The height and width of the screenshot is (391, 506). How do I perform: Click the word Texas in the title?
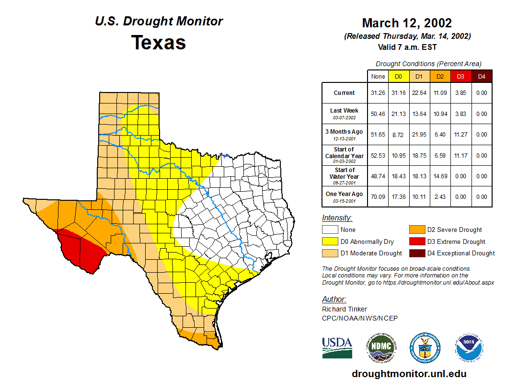click(x=159, y=43)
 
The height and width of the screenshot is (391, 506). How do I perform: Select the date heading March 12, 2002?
click(x=407, y=23)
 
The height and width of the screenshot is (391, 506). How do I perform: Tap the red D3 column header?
click(x=460, y=76)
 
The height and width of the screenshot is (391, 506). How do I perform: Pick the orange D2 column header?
click(x=440, y=76)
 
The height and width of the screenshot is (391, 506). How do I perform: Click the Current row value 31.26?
click(x=378, y=93)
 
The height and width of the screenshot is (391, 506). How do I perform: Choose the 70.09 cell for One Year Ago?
click(x=378, y=196)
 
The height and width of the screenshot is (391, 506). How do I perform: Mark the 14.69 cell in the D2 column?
click(x=440, y=176)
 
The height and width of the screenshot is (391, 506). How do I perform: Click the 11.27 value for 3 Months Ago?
click(x=460, y=135)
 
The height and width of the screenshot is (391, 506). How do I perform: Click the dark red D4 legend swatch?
click(x=417, y=253)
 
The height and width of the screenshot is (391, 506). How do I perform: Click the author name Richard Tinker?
click(x=345, y=309)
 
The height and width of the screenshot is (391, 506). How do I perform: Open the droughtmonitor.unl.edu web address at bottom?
click(x=409, y=374)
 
